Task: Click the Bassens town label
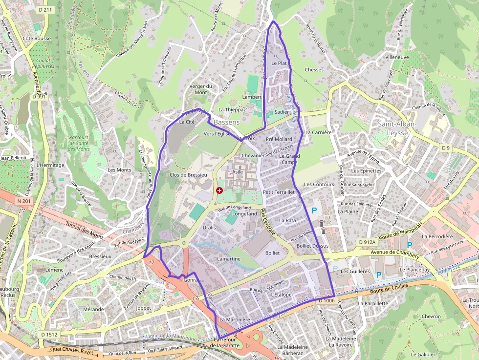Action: point(227,122)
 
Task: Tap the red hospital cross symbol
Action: point(219,190)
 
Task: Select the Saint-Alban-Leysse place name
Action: point(397,128)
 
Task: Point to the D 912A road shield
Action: point(367,242)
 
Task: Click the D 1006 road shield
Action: point(326,301)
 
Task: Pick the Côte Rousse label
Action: point(37,38)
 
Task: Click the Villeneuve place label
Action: point(397,57)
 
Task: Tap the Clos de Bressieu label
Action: point(188,174)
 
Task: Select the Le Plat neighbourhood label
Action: point(279,64)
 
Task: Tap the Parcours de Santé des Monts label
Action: point(79,143)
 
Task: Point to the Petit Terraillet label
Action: point(279,192)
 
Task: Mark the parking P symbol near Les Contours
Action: point(314,211)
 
